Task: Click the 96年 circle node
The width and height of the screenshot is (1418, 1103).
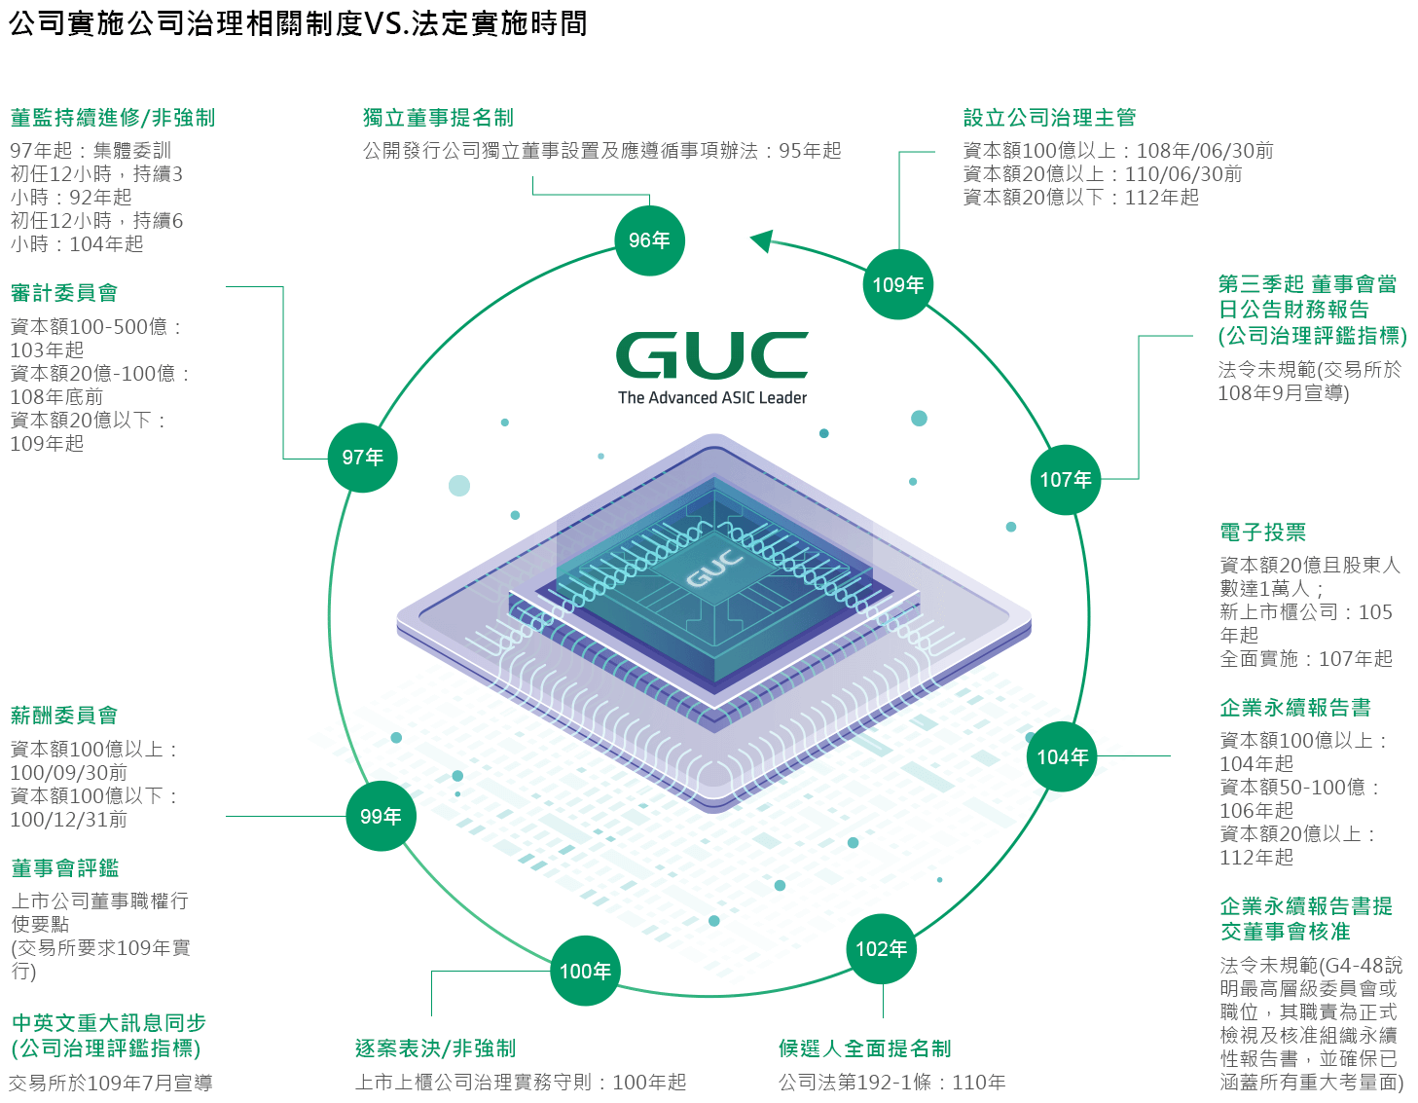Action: coord(649,240)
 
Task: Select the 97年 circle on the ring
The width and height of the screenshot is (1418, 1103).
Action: coord(362,458)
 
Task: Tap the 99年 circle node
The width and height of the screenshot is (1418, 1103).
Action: coord(381,816)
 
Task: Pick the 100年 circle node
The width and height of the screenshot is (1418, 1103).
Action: coord(585,971)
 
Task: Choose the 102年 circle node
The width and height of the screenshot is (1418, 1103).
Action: coord(882,948)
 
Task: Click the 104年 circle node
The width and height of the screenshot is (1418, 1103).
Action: coord(1062,756)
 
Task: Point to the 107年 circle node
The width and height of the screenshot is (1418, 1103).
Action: coord(1066,479)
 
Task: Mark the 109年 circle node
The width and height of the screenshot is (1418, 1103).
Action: coord(898,284)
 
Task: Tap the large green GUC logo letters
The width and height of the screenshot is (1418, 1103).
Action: coord(711,354)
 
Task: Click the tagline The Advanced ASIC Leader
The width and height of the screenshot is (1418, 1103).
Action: coord(712,397)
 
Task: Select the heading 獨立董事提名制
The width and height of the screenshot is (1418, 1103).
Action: coord(438,118)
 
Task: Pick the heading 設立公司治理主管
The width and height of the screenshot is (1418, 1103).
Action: coord(1049,118)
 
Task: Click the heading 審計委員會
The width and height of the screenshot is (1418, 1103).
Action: coord(64,293)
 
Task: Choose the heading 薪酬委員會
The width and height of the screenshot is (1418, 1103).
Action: coord(64,716)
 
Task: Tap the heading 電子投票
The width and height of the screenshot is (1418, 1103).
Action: coord(1262,533)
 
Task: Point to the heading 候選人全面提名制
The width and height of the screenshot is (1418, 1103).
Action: coord(864,1048)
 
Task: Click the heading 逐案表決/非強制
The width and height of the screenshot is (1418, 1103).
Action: coord(435,1048)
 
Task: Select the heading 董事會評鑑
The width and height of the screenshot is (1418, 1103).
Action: coord(65,867)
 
